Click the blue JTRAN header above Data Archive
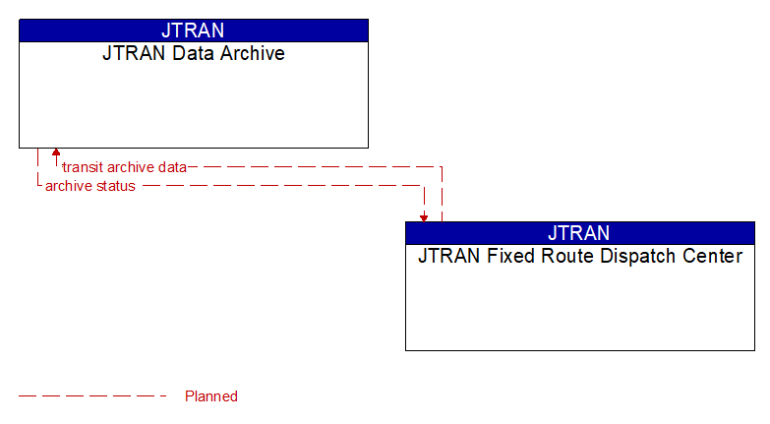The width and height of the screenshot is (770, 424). tap(193, 30)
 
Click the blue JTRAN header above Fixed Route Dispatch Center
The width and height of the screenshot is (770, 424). tap(579, 233)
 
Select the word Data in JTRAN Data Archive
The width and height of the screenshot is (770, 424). tap(194, 54)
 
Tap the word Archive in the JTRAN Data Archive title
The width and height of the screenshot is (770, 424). tap(251, 54)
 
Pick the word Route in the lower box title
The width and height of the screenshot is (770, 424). tap(559, 257)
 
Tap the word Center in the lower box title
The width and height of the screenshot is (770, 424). tap(711, 257)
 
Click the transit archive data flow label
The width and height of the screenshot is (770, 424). tap(124, 167)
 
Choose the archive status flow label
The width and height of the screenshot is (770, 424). tap(90, 186)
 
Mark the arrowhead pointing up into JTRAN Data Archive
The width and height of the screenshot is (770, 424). tap(56, 153)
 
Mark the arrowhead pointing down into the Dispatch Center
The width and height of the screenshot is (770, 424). tap(424, 216)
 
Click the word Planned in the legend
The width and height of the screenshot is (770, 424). tap(211, 396)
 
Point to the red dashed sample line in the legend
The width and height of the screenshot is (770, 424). tap(93, 396)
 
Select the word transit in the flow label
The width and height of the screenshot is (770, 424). tap(83, 167)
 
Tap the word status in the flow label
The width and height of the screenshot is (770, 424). tap(116, 186)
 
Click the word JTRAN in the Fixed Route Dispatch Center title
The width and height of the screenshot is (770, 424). tap(448, 257)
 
